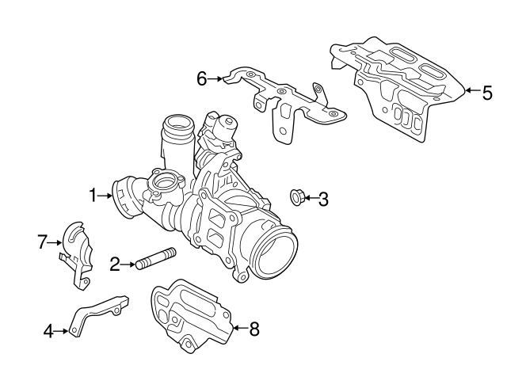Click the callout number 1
click(93, 194)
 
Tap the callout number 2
click(115, 264)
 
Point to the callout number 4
click(48, 332)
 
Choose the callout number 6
click(201, 78)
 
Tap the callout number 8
click(253, 329)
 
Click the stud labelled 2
click(155, 261)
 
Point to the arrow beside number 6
click(215, 78)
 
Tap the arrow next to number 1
click(106, 194)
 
